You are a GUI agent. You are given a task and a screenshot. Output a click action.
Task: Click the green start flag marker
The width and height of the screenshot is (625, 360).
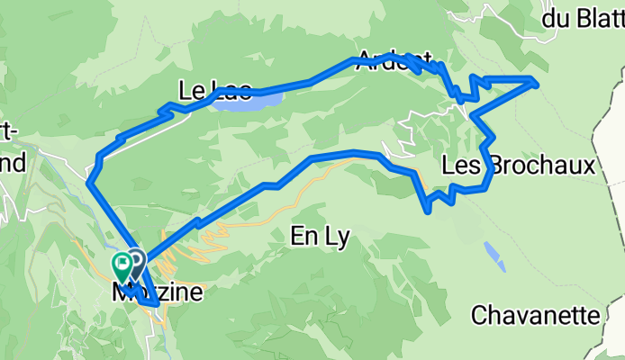[122, 265]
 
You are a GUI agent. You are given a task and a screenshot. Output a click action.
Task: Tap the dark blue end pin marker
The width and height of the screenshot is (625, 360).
[136, 261]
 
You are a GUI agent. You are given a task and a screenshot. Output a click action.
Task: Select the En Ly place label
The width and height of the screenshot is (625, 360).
[321, 236]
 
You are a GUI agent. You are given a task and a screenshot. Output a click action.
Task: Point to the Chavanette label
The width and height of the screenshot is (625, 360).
[535, 316]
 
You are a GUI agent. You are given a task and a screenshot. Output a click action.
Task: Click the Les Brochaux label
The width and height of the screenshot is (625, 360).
[519, 166]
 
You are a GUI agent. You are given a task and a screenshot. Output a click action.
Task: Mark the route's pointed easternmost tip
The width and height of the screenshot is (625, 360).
[537, 84]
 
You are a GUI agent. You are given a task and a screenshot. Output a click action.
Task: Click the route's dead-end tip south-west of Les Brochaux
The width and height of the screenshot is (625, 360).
[427, 211]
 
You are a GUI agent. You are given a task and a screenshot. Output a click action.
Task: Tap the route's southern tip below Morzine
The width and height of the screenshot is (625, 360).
[159, 305]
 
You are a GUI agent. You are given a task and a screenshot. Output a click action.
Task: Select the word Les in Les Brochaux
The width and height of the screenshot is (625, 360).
[459, 166]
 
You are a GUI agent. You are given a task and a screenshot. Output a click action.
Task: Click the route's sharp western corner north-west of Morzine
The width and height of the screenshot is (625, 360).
[89, 183]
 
